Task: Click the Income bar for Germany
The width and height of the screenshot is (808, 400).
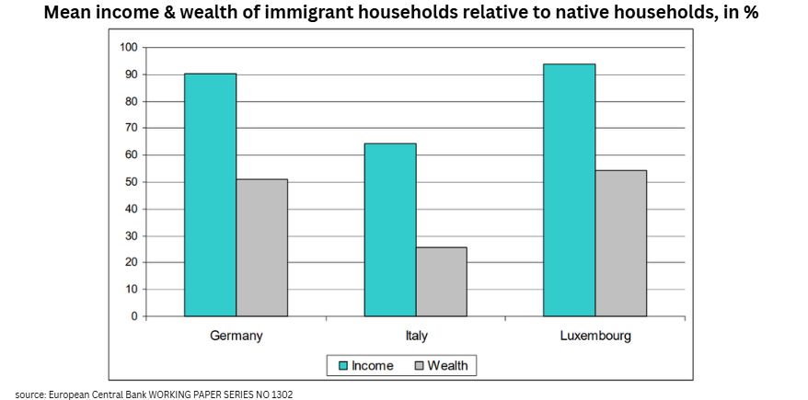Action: tap(210, 195)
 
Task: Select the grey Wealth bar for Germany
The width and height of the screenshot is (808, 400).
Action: tap(261, 247)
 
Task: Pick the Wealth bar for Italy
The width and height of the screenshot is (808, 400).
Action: tap(441, 281)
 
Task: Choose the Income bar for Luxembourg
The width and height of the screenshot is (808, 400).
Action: tap(570, 190)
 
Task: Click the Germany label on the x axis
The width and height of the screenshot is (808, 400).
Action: tap(237, 336)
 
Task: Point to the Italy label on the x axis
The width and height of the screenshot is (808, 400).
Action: tap(416, 336)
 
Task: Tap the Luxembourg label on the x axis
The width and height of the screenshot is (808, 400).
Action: tap(595, 336)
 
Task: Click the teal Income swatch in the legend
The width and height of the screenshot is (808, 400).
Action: tap(341, 366)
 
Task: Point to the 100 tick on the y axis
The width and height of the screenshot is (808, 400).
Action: tap(128, 48)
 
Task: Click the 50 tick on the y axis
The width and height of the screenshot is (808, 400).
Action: tap(131, 182)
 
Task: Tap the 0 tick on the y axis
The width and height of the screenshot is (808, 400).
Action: tap(133, 316)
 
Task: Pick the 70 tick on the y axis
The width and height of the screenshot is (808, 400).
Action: tap(131, 129)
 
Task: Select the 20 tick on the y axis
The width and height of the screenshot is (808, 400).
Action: tap(131, 263)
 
